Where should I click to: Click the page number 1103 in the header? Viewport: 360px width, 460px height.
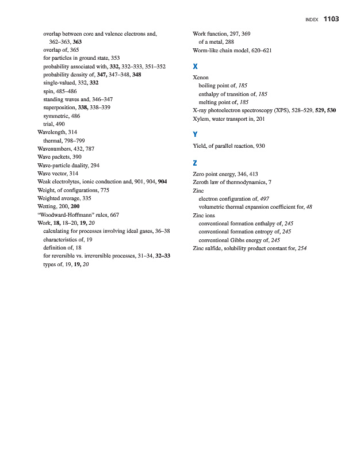click(x=331, y=19)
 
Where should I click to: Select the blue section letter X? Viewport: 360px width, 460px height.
click(x=196, y=67)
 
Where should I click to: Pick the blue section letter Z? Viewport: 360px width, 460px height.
click(x=196, y=163)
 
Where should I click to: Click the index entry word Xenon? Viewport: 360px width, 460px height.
click(x=201, y=76)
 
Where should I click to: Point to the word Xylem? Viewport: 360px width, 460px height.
click(x=201, y=118)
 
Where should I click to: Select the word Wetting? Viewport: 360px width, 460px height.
click(x=47, y=206)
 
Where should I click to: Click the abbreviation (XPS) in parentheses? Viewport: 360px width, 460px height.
click(x=279, y=110)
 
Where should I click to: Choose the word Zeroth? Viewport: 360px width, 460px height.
click(x=201, y=181)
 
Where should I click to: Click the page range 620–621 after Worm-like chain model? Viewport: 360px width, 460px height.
click(x=261, y=51)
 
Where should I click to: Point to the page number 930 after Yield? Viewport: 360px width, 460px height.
click(x=260, y=146)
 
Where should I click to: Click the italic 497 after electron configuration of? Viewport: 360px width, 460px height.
click(x=265, y=198)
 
